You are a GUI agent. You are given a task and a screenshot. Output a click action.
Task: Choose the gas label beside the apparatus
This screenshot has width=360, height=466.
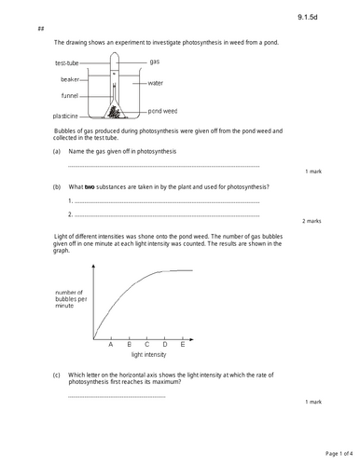pyautogui.click(x=155, y=62)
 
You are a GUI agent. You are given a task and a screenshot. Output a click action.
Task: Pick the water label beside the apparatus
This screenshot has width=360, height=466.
pyautogui.click(x=155, y=83)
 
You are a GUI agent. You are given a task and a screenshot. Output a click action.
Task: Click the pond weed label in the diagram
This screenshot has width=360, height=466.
pyautogui.click(x=163, y=108)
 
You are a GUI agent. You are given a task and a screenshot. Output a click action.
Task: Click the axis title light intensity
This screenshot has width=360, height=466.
pyautogui.click(x=148, y=355)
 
